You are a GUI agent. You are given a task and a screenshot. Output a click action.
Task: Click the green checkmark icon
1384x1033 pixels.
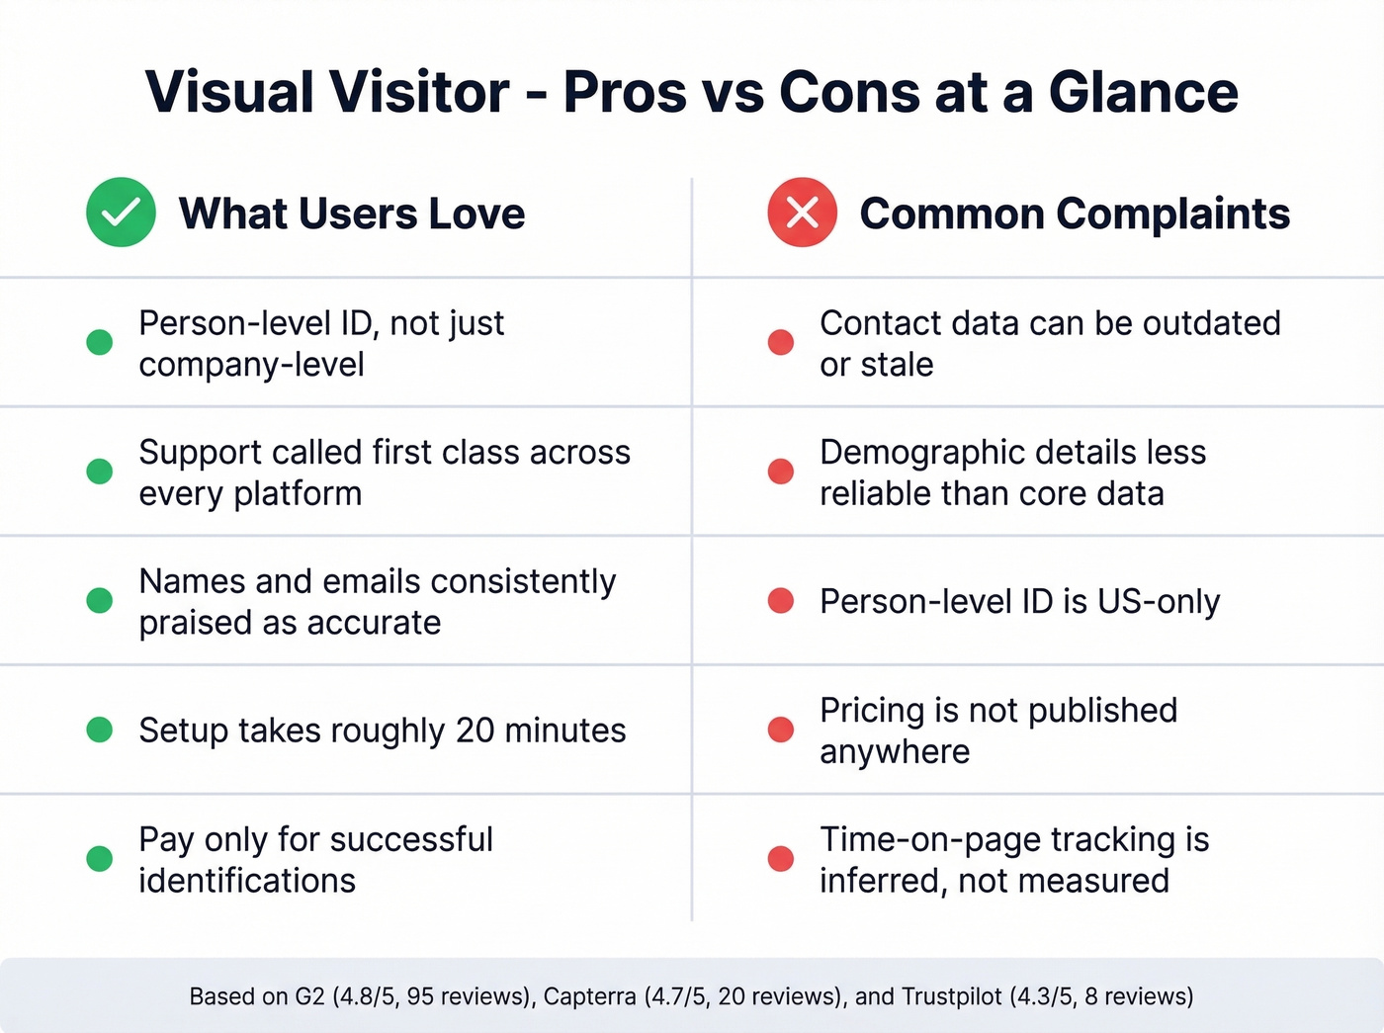[121, 213]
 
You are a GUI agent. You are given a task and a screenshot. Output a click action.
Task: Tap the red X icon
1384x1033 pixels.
[802, 213]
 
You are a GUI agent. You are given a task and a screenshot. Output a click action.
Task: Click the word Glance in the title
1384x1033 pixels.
[1143, 92]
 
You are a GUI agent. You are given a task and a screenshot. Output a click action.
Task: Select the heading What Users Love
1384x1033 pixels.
[351, 214]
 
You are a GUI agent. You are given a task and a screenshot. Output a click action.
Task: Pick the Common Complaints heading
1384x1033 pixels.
[1074, 214]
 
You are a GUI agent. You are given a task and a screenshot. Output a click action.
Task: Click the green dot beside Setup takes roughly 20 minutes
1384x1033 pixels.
[100, 730]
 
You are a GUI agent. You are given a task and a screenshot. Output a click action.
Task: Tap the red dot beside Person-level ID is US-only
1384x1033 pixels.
[781, 601]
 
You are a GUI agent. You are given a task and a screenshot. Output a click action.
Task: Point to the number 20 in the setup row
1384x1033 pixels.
[475, 731]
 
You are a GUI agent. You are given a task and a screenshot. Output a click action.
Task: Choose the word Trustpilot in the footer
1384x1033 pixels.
[951, 996]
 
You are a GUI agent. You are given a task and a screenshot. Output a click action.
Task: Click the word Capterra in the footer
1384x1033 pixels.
[589, 996]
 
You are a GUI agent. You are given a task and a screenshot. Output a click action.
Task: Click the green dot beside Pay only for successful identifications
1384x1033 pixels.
[100, 858]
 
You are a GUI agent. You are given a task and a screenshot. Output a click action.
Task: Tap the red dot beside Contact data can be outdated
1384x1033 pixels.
[781, 342]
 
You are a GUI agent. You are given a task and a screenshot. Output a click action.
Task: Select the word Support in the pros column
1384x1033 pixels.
[201, 452]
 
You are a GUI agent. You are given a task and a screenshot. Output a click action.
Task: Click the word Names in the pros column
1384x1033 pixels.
[192, 581]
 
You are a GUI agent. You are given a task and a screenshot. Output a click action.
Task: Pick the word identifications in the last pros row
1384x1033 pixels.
[247, 881]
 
